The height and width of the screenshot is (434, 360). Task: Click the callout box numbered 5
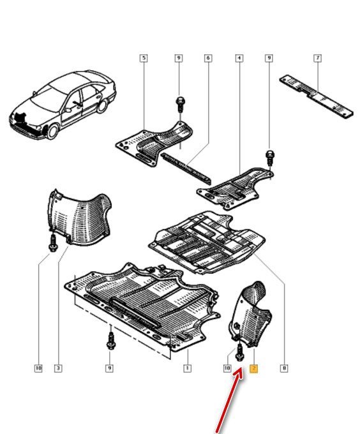[144, 58]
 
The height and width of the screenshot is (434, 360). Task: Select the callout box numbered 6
[208, 58]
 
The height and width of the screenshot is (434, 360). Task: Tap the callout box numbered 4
[239, 58]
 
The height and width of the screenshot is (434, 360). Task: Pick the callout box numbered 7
[318, 58]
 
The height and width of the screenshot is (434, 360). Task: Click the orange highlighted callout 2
[253, 368]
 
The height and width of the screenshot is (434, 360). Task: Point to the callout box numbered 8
[284, 368]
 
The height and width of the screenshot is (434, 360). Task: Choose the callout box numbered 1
[187, 368]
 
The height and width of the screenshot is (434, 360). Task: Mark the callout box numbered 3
[58, 368]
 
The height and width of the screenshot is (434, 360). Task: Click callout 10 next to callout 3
[38, 368]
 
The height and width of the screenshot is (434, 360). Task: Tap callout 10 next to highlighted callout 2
[227, 368]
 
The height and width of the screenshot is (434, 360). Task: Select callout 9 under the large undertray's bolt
[110, 368]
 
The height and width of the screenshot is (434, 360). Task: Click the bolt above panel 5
[180, 104]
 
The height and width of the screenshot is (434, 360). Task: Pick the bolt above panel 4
[270, 157]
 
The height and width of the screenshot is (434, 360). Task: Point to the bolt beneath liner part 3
[52, 243]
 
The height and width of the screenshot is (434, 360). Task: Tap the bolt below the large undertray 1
[110, 341]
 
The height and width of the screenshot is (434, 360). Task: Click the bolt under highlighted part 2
[239, 352]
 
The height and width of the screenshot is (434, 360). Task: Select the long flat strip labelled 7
[317, 96]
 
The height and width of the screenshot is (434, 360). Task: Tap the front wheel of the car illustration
[52, 131]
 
